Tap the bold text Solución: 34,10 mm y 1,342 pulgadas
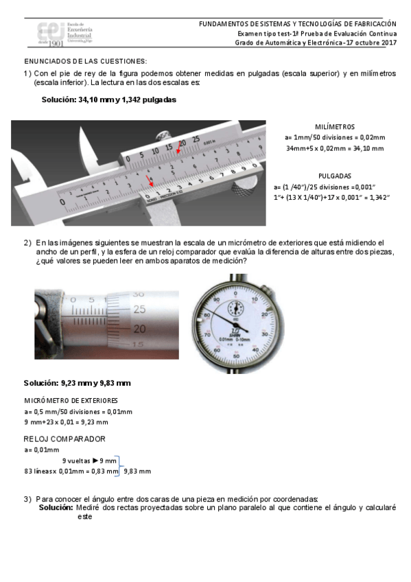click(109, 100)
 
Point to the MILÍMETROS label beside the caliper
click(335, 127)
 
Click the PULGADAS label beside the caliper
click(335, 176)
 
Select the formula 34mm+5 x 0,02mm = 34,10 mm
click(335, 148)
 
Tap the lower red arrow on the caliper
click(151, 181)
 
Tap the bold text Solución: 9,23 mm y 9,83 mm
click(77, 382)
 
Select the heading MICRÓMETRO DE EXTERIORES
click(71, 400)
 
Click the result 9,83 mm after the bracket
click(137, 472)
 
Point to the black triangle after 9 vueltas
click(95, 461)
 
